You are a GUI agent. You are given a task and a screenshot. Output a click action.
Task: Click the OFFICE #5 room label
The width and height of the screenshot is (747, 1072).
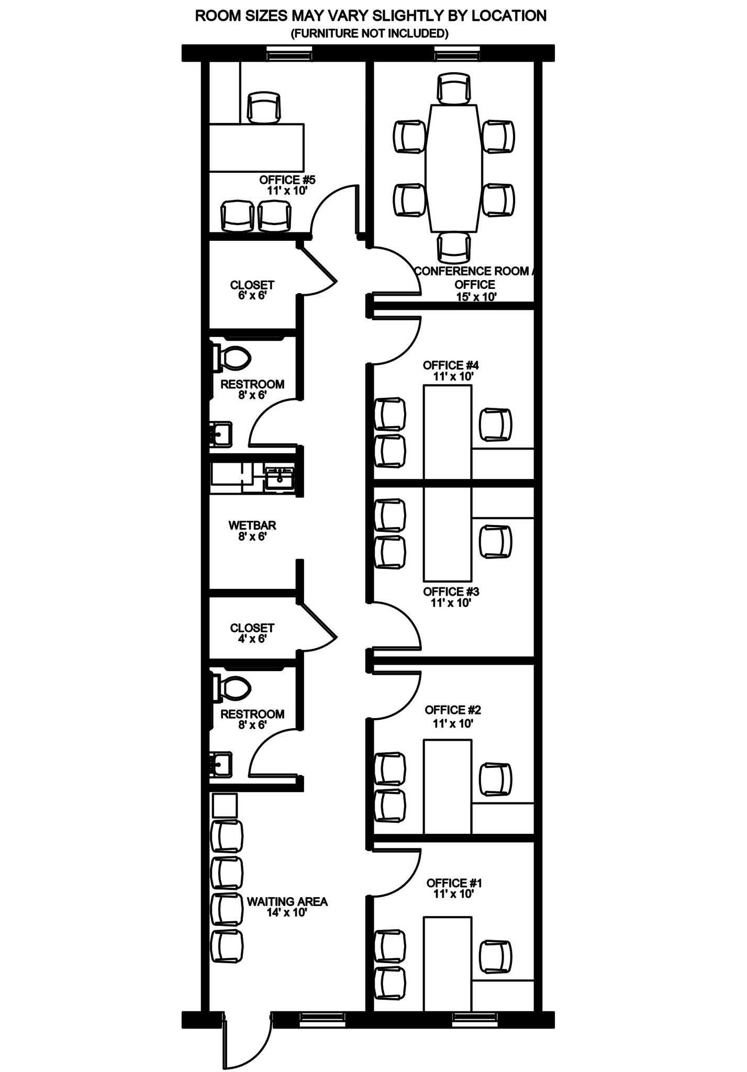click(x=287, y=180)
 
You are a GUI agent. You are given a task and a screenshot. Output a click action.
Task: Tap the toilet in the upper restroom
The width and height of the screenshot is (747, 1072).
click(x=233, y=358)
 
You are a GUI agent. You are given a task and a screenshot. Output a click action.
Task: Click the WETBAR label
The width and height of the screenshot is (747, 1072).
click(x=252, y=525)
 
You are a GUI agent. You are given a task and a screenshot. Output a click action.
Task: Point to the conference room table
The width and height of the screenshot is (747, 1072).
click(x=453, y=167)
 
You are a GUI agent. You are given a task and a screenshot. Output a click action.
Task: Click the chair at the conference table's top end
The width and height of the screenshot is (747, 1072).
click(x=454, y=88)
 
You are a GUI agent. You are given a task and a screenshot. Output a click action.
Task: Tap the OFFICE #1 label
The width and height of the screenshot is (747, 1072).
click(x=454, y=883)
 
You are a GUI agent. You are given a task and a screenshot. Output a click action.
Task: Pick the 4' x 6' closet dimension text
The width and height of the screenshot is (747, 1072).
click(x=252, y=639)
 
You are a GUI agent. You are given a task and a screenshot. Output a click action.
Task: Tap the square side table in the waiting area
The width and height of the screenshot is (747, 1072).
click(x=225, y=806)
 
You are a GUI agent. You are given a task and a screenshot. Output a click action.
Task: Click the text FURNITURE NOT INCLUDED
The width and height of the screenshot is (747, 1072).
click(x=370, y=33)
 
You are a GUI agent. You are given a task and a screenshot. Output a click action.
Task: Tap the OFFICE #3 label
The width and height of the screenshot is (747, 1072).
click(x=451, y=591)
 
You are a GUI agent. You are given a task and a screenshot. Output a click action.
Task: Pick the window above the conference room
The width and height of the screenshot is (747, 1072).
click(x=456, y=53)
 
